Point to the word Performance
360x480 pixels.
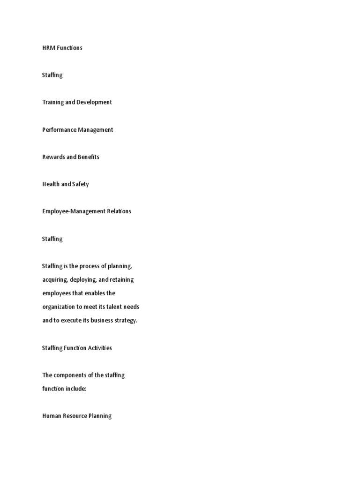point(59,130)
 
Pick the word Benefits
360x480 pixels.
point(88,157)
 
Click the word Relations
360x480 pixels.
point(118,211)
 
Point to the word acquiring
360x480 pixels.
point(54,280)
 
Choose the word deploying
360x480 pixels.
point(83,280)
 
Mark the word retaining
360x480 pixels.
point(121,280)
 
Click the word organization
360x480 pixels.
point(60,307)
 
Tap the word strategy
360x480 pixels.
point(124,321)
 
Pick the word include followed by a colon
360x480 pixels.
point(76,389)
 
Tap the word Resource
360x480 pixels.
point(75,416)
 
